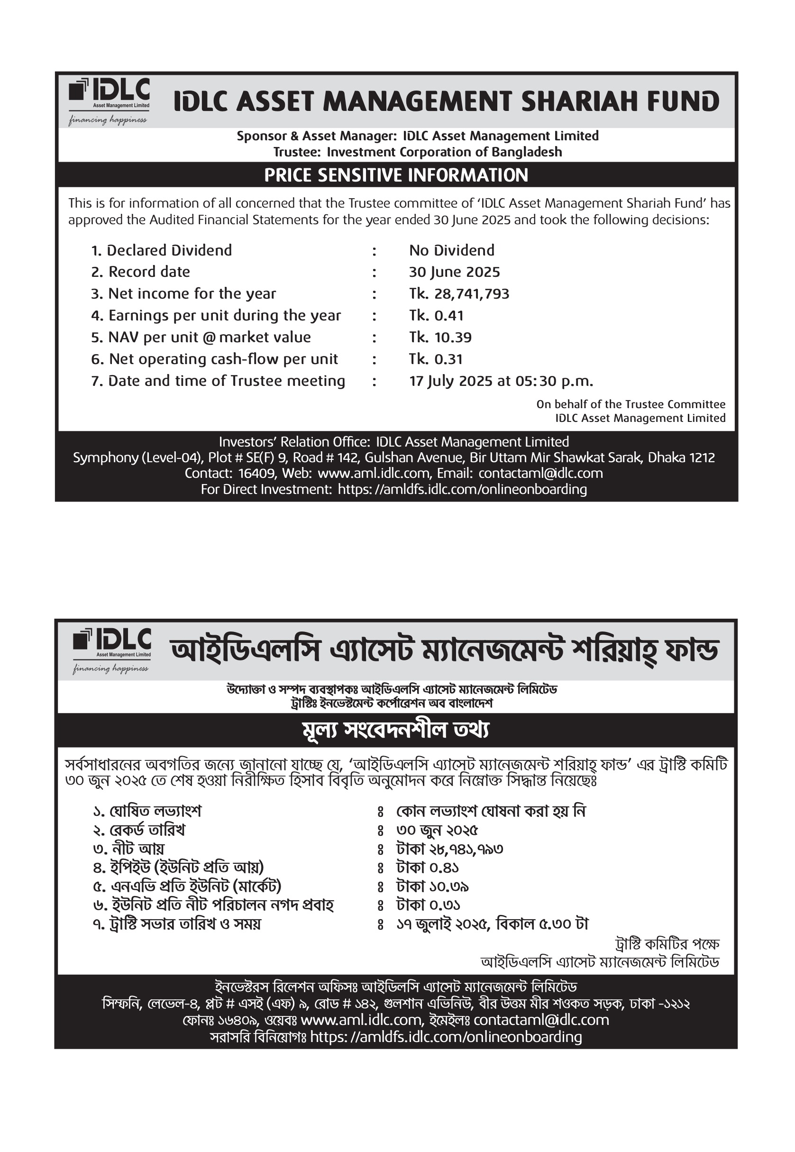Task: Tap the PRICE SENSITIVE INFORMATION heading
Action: [x=396, y=175]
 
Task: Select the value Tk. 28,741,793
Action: [x=459, y=294]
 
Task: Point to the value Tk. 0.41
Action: [x=436, y=316]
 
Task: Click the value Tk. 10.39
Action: [x=440, y=338]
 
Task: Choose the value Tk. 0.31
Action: [x=436, y=359]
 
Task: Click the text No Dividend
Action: [x=452, y=250]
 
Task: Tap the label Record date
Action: [x=149, y=272]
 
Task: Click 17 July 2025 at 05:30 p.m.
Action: [x=501, y=381]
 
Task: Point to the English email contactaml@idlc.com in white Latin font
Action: [x=540, y=473]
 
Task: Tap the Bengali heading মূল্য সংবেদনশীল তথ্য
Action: [x=396, y=730]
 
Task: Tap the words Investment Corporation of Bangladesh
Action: [x=444, y=152]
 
